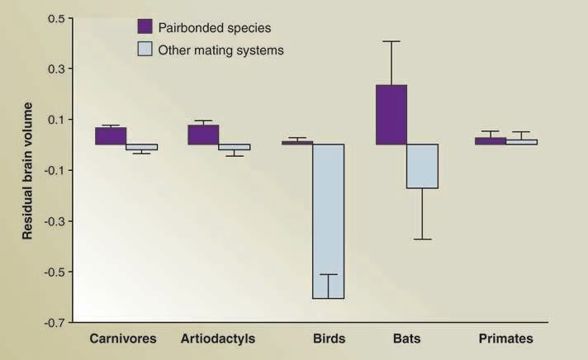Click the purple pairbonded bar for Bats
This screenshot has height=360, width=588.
[391, 115]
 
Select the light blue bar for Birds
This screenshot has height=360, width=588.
[329, 221]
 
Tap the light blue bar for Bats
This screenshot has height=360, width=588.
[423, 166]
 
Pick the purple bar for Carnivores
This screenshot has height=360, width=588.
[111, 135]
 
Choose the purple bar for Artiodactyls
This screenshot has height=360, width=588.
[204, 135]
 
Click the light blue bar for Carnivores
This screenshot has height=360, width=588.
[142, 147]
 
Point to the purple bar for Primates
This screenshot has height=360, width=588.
[491, 141]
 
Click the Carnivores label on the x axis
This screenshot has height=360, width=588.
[123, 339]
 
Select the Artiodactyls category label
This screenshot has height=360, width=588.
[218, 339]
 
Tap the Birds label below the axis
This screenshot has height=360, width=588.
[330, 339]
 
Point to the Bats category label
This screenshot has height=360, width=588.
[407, 339]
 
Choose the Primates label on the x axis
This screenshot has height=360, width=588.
[506, 339]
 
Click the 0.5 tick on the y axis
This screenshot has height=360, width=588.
[56, 18]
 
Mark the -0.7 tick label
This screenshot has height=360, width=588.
[54, 323]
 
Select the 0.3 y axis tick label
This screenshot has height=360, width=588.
[56, 69]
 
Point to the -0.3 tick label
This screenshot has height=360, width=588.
[54, 221]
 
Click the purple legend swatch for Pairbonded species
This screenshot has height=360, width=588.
[145, 26]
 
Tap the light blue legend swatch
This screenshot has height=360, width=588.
[145, 49]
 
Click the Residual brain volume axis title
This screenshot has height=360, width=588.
[27, 171]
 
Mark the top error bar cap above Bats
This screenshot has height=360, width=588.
[391, 41]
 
